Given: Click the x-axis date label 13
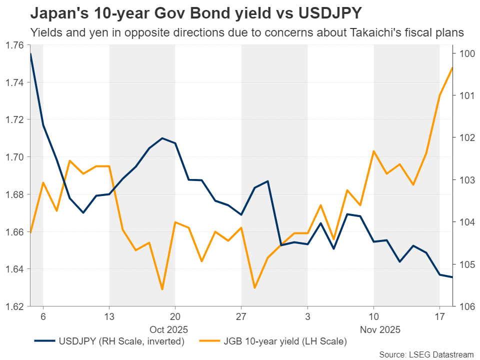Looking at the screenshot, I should click(109, 317).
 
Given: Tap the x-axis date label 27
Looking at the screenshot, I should click(241, 317).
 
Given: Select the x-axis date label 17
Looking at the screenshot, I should click(439, 317).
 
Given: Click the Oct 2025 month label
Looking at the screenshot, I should click(168, 329).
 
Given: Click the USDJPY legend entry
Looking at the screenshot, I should click(107, 341).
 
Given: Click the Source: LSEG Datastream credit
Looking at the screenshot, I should click(425, 354).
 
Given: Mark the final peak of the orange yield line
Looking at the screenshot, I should click(452, 67).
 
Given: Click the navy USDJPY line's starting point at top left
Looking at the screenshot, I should click(30, 53).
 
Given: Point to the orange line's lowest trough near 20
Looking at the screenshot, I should click(162, 289).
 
